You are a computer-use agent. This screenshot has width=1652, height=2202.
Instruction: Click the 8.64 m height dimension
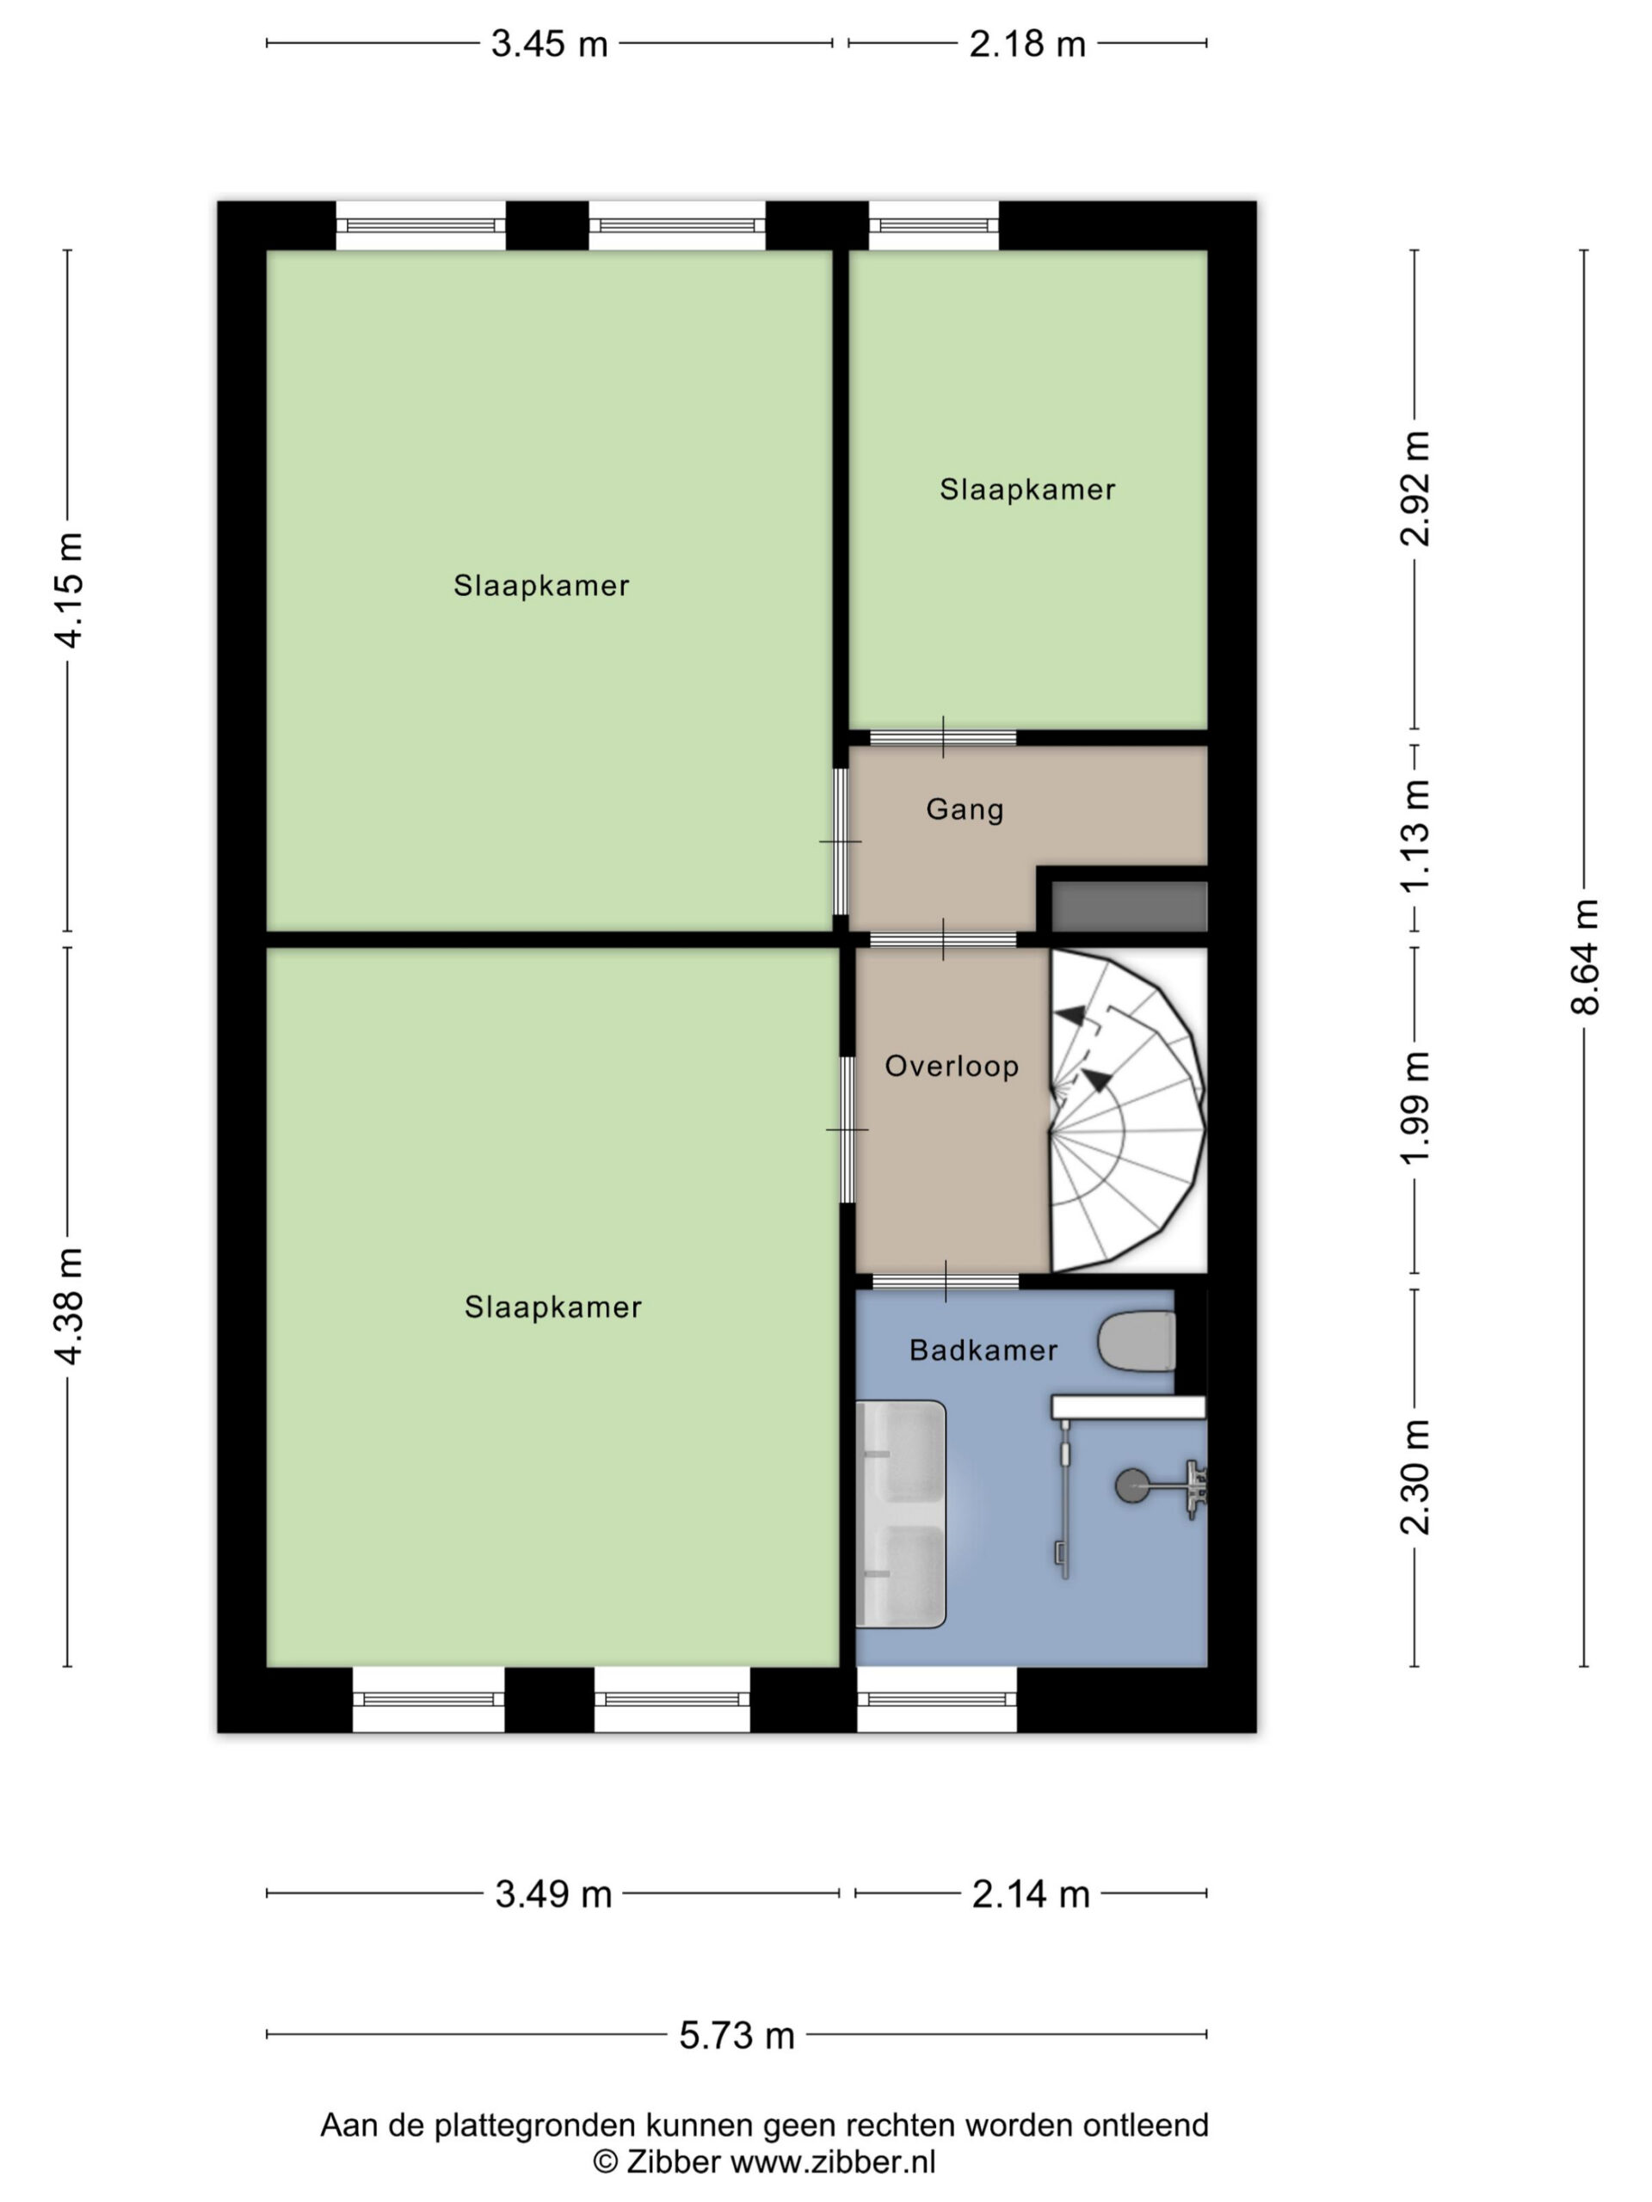[x=1584, y=956]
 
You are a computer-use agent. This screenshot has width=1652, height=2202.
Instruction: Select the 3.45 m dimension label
[x=549, y=44]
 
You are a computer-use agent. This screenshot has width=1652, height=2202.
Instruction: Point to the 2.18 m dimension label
[x=1026, y=44]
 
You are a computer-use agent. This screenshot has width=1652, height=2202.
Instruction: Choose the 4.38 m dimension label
[x=70, y=1305]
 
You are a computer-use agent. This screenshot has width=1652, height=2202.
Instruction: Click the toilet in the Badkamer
[x=1137, y=1341]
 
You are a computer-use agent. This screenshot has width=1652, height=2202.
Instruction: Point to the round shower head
[x=1131, y=1486]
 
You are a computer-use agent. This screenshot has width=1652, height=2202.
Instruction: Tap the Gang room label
[x=964, y=809]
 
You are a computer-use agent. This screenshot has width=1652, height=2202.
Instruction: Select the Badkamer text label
[x=983, y=1350]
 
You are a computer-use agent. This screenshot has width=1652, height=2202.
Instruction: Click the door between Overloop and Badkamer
[x=945, y=1281]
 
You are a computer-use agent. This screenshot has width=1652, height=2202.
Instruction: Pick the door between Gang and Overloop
[x=943, y=938]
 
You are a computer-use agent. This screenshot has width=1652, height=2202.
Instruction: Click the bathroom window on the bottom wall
[x=937, y=1700]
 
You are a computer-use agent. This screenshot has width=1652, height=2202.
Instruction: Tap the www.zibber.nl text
[x=833, y=2162]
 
